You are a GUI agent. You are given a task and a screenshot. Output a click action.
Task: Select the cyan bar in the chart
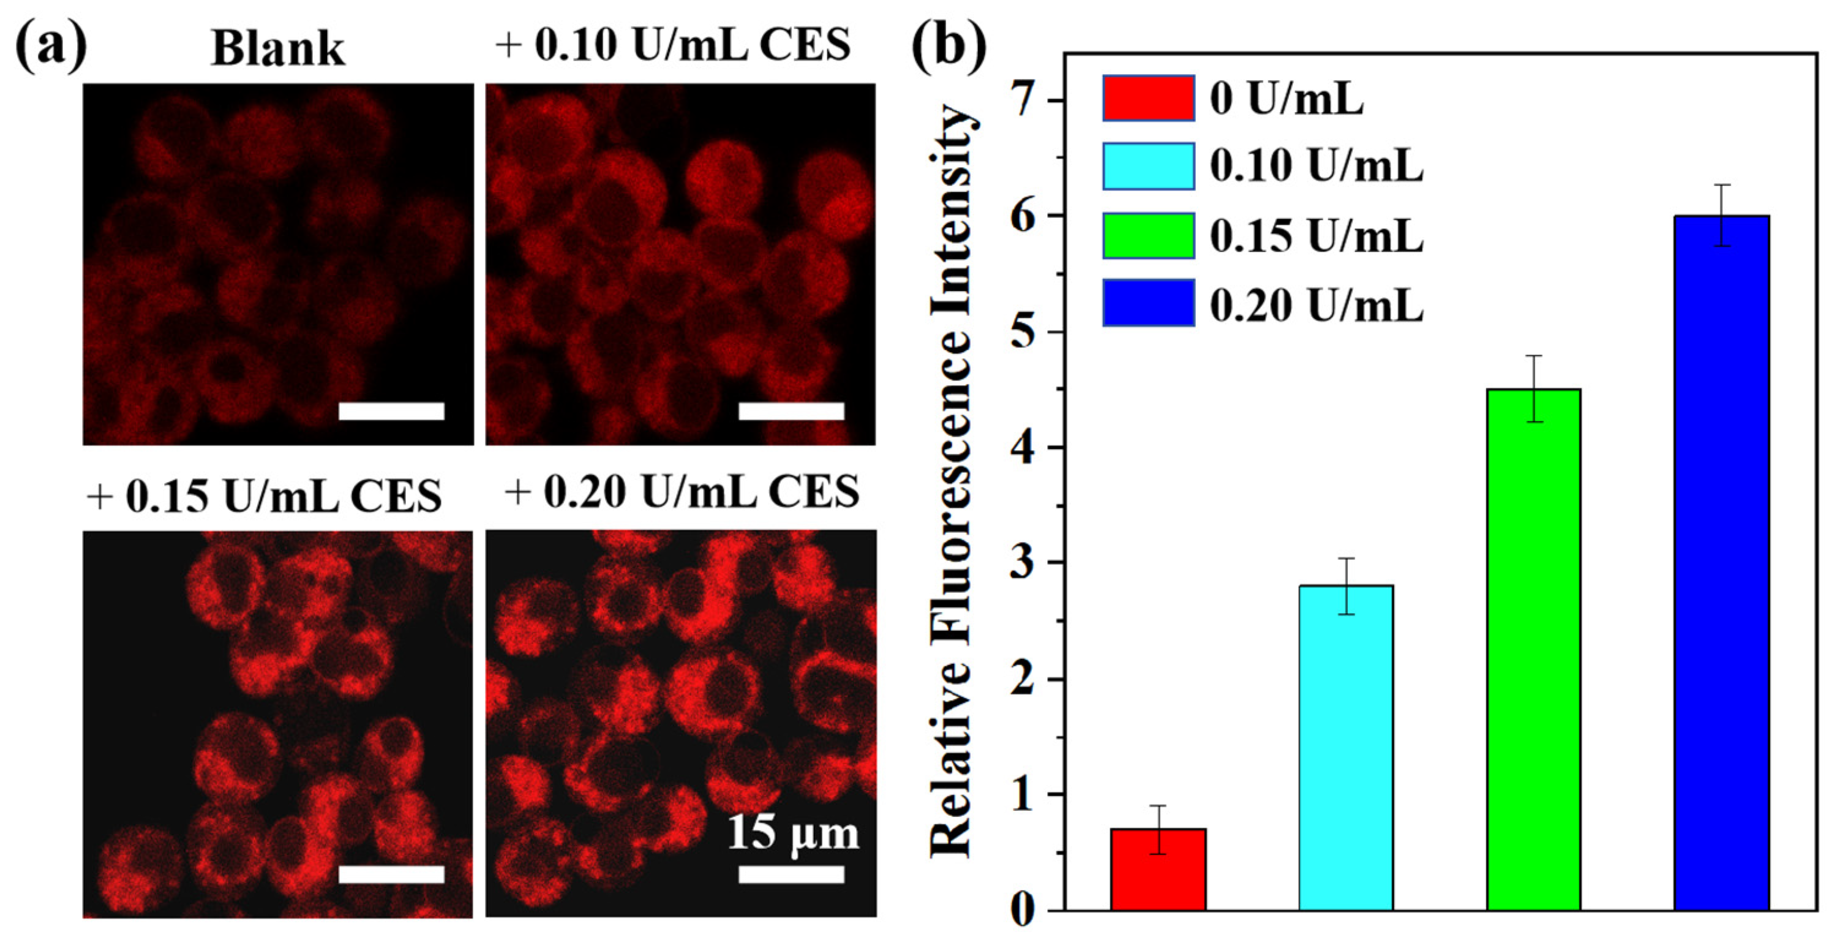[1345, 747]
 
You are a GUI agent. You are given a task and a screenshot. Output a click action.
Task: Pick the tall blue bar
[1721, 562]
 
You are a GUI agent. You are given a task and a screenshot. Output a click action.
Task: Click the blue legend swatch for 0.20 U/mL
[1148, 303]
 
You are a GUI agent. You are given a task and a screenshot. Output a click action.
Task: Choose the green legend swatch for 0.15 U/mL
[1148, 235]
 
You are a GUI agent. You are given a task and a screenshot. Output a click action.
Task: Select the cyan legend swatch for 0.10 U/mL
[1148, 166]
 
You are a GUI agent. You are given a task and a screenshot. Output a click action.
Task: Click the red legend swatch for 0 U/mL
[1148, 98]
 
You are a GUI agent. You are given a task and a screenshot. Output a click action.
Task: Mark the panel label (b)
[949, 47]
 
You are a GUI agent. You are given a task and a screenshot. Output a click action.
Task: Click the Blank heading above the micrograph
[277, 48]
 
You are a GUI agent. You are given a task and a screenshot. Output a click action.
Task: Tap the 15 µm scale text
[792, 832]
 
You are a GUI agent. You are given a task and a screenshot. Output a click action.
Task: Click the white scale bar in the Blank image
[391, 411]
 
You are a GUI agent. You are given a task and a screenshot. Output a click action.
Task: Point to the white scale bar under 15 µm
[791, 874]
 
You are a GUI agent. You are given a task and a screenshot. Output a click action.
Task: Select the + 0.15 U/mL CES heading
[264, 495]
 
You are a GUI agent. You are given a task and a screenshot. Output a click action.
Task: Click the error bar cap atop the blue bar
[1721, 185]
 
